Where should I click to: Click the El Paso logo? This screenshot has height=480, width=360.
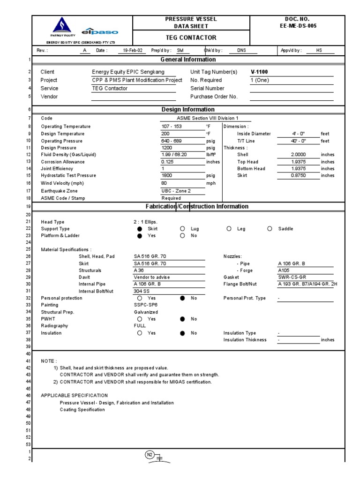(99, 32)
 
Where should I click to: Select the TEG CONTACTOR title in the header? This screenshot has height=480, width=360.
(192, 37)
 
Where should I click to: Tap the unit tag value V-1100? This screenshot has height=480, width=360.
(259, 72)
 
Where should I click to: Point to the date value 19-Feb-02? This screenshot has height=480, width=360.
(133, 51)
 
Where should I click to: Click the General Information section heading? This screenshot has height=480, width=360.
(188, 60)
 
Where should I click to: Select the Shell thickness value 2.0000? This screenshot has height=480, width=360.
(298, 154)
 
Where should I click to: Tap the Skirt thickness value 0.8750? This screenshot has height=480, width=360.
(298, 175)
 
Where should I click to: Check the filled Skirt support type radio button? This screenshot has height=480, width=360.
(139, 229)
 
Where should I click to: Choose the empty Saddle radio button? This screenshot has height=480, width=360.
(270, 229)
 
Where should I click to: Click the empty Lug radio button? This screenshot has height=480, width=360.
(182, 229)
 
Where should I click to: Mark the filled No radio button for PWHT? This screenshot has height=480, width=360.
(182, 319)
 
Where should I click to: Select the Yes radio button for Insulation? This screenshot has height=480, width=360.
(139, 333)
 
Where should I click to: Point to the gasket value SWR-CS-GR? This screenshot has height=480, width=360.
(292, 277)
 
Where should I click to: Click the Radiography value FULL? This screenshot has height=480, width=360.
(140, 325)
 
